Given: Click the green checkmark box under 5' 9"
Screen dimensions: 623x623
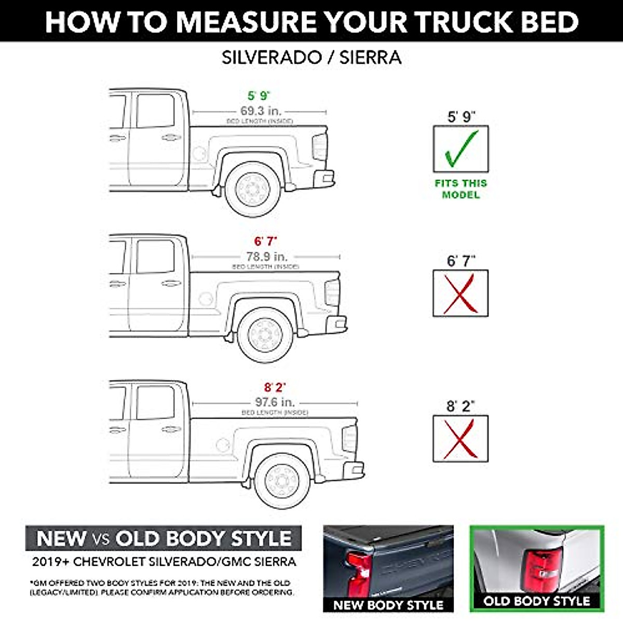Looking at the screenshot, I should tap(461, 148).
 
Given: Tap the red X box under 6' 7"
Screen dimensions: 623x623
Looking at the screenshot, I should tap(461, 293).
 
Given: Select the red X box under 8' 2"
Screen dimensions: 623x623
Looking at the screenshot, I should tap(461, 439).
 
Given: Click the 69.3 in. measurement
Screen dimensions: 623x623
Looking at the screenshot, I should tap(260, 111).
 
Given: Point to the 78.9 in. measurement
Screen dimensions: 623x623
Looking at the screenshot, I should tap(266, 256).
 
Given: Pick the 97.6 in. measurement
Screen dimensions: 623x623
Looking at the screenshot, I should tap(275, 402).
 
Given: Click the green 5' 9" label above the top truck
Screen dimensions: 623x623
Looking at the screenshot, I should tap(259, 96).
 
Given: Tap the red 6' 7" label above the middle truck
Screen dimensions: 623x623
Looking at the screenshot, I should tap(266, 241).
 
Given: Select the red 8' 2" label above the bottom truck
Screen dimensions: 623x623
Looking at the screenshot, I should tap(275, 387).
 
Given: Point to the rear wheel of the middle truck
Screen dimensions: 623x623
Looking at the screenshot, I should tap(266, 334).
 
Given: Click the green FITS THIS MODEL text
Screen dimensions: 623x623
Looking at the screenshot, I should tap(461, 189).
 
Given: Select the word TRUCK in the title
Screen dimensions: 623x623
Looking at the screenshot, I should tap(463, 21).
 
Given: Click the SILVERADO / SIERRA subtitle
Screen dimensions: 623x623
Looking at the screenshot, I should tap(311, 57).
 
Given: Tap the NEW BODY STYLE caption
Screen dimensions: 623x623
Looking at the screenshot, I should tap(388, 605).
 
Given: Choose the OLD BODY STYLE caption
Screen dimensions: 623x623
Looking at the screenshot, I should tap(537, 601).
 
